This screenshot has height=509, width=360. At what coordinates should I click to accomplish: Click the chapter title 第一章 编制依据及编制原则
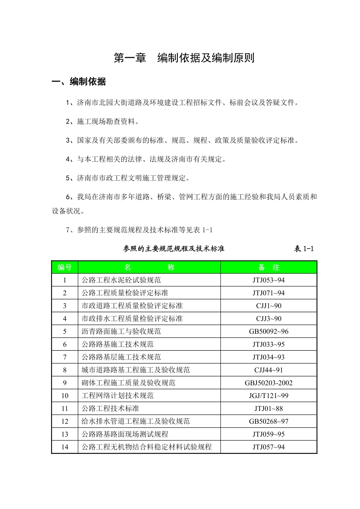click(184, 58)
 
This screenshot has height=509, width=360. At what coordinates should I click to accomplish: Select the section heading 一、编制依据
click(79, 81)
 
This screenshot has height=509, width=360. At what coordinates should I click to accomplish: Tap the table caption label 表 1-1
click(304, 249)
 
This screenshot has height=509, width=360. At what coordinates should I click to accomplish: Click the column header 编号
click(64, 267)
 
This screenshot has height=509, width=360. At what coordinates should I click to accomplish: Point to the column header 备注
click(269, 267)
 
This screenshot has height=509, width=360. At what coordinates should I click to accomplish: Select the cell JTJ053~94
click(269, 280)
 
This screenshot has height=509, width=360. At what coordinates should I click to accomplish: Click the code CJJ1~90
click(269, 306)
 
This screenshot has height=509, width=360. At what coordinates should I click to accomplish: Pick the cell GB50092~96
click(269, 332)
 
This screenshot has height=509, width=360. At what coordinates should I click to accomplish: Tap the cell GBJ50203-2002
click(269, 383)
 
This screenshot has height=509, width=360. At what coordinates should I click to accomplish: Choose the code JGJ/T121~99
click(269, 396)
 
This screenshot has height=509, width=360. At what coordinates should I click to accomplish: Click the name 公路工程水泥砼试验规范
click(121, 280)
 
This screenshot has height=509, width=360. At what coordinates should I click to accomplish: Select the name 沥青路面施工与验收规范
click(121, 332)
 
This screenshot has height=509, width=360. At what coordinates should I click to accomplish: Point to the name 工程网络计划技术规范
click(118, 396)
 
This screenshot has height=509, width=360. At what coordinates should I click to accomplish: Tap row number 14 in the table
click(65, 447)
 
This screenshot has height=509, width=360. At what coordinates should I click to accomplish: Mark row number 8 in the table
click(65, 370)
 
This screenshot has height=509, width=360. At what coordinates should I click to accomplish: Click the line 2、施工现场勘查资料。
click(103, 122)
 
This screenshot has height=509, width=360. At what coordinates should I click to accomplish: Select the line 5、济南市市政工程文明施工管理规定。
click(128, 178)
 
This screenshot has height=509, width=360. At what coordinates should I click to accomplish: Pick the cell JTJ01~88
click(269, 409)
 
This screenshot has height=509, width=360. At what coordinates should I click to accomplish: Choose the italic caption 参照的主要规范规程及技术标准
click(174, 249)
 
